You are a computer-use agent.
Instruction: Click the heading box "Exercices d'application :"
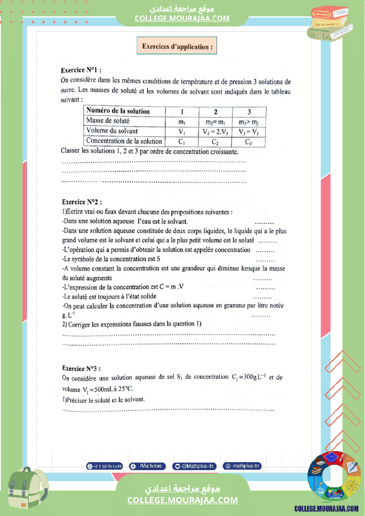point(177,46)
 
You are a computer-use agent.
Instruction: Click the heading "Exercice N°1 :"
point(81,70)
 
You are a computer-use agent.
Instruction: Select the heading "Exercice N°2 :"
point(82,202)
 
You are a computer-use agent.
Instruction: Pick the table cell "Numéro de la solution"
point(118,111)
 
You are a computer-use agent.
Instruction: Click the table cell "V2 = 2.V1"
point(215,132)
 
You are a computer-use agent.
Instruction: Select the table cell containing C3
point(249,142)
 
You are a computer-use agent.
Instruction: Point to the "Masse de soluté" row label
point(108,121)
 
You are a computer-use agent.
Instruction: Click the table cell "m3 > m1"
point(249,122)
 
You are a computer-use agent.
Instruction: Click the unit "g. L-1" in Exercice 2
point(69,315)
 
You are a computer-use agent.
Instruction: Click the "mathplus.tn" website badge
point(242,466)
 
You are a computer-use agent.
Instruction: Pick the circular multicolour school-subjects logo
point(331,478)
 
